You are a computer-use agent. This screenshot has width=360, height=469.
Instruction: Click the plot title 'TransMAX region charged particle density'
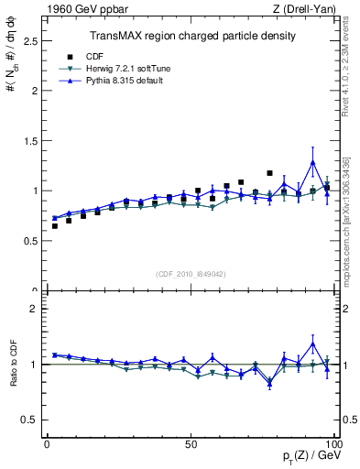pyautogui.click(x=191, y=36)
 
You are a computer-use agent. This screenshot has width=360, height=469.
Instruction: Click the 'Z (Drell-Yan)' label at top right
pyautogui.click(x=308, y=10)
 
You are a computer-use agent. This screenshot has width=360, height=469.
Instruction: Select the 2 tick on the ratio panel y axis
pyautogui.click(x=35, y=309)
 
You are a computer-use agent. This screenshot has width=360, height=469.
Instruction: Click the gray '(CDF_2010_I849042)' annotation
pyautogui.click(x=191, y=273)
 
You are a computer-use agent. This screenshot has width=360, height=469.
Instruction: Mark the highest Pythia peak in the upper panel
pyautogui.click(x=313, y=162)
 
